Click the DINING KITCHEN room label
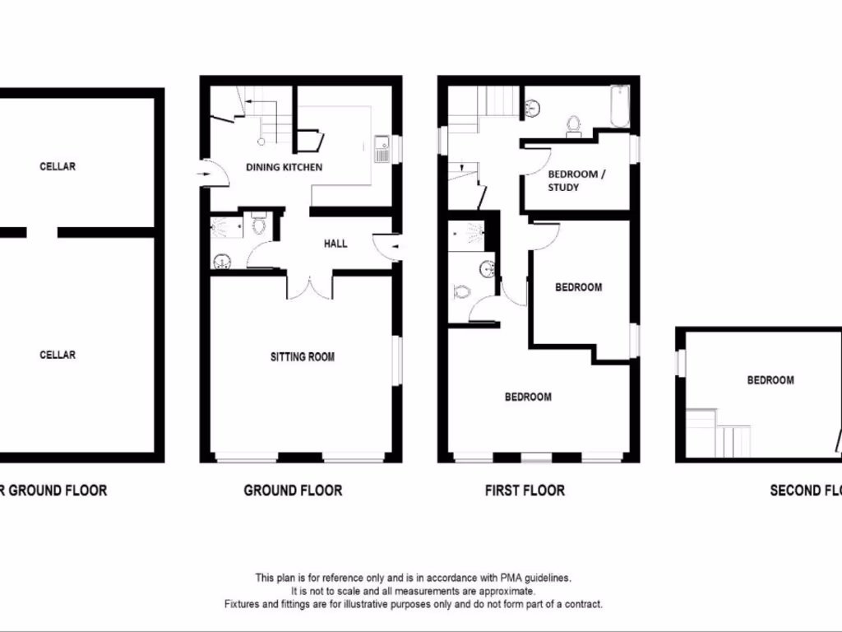(x=285, y=167)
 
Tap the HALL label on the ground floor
(x=335, y=244)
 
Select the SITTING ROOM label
(x=303, y=357)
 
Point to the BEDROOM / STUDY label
(x=576, y=180)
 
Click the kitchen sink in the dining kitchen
(x=382, y=149)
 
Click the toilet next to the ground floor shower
(x=259, y=224)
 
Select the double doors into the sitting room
(x=309, y=286)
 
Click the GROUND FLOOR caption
(x=293, y=490)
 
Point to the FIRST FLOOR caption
(x=525, y=490)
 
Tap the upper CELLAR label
(x=58, y=166)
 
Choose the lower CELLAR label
(x=58, y=355)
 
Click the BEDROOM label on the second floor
(x=770, y=380)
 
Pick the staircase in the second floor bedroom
(x=719, y=432)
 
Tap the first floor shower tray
(x=467, y=235)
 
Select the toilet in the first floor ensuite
(x=461, y=291)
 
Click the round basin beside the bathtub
(x=532, y=106)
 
